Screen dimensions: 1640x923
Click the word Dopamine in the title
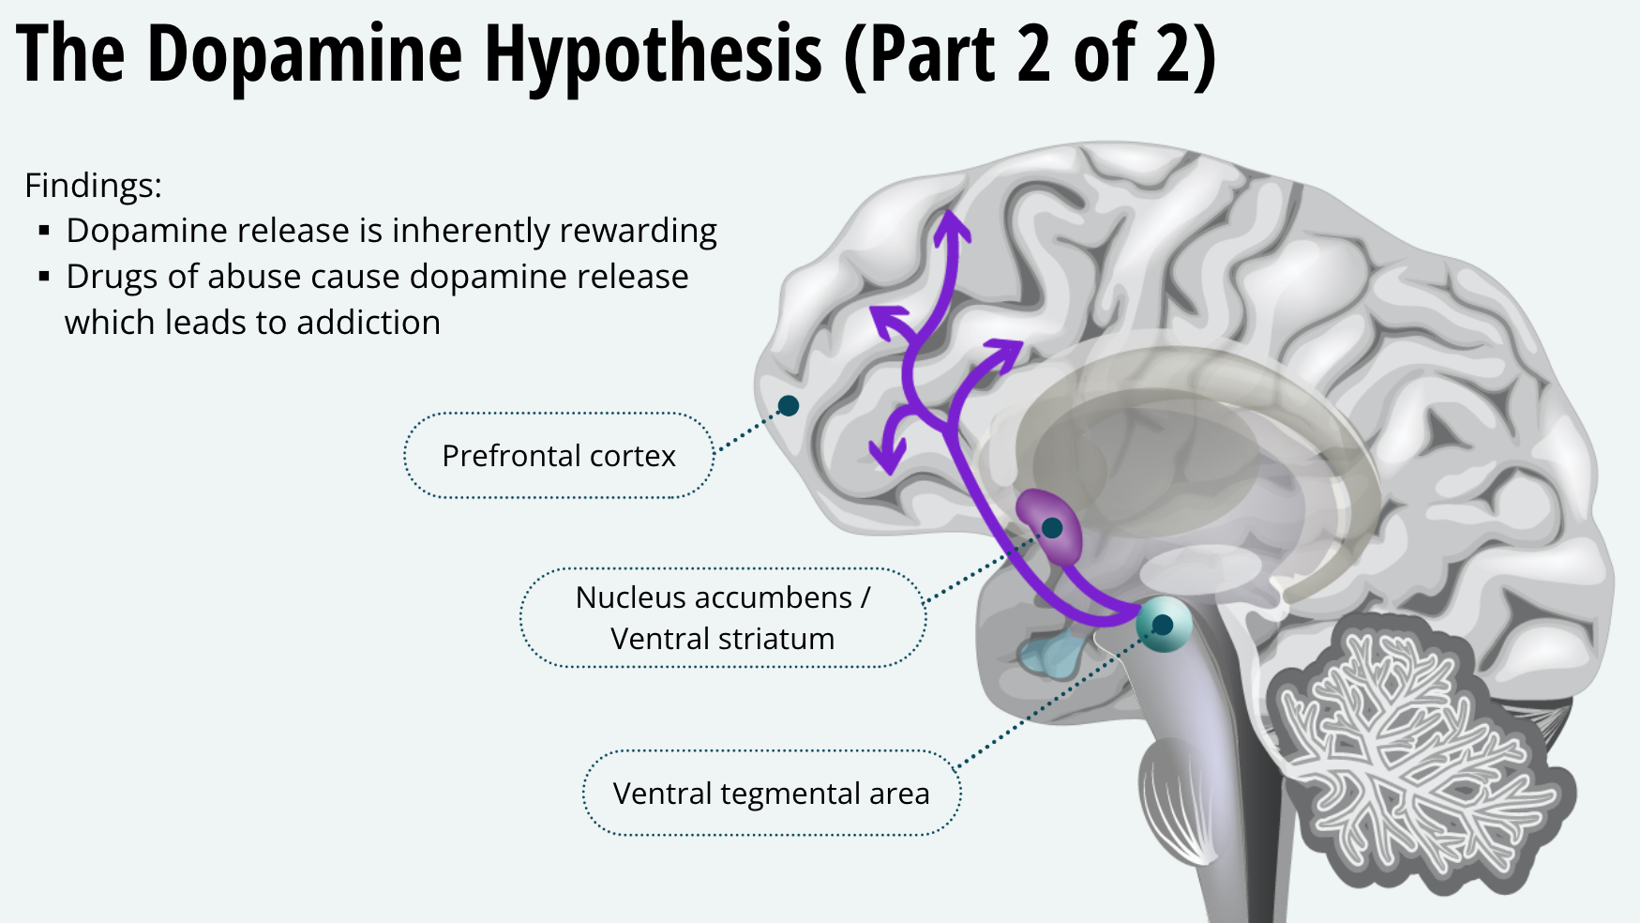pos(304,54)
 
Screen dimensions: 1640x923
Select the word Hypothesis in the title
pos(653,54)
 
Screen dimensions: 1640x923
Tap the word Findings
pos(93,186)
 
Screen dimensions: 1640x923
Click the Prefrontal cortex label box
pos(559,456)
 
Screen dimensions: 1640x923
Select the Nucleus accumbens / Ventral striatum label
pos(722,617)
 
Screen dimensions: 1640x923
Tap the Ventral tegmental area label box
pos(771,794)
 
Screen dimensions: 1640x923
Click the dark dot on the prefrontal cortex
pos(789,405)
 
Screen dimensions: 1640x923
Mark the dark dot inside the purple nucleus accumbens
pos(1052,528)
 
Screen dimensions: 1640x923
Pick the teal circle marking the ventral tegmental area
pos(1163,624)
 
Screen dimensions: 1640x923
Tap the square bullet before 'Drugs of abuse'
pos(44,277)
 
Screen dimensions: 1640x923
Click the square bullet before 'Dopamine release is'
pos(44,231)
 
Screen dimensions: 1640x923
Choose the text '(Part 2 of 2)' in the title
pos(1030,54)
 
